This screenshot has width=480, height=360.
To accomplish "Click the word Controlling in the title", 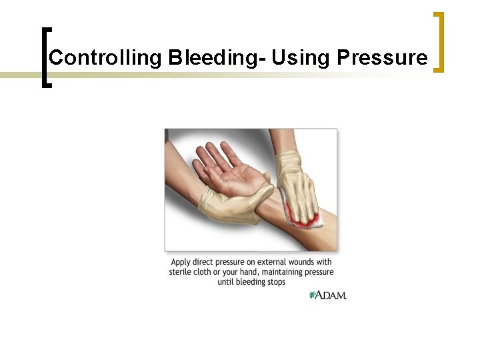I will (x=105, y=58).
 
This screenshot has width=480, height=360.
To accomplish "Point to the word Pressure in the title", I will (x=382, y=58).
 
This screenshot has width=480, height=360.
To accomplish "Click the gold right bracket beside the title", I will (x=439, y=41).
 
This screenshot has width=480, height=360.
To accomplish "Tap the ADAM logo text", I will (x=332, y=295).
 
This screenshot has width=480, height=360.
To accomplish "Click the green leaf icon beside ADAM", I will (x=312, y=295).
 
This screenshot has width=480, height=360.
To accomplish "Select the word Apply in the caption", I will (x=182, y=262).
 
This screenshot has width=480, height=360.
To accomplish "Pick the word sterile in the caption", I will (x=182, y=272).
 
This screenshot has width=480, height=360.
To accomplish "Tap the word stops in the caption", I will (x=275, y=282).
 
